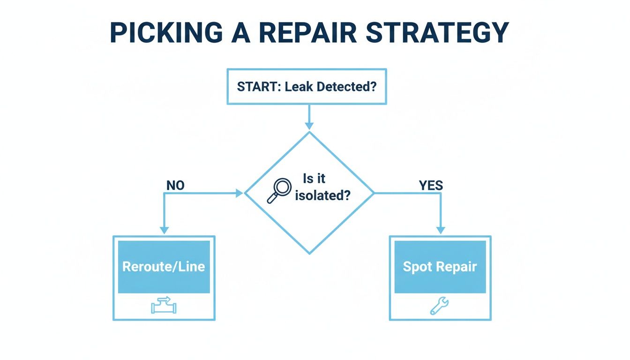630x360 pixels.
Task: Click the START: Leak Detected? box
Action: pyautogui.click(x=307, y=87)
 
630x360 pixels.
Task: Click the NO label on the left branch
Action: pyautogui.click(x=175, y=186)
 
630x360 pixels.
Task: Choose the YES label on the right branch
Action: pyautogui.click(x=430, y=186)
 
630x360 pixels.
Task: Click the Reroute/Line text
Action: pyautogui.click(x=164, y=267)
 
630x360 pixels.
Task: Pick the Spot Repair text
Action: pyautogui.click(x=440, y=267)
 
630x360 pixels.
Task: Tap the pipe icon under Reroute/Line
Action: pyautogui.click(x=164, y=306)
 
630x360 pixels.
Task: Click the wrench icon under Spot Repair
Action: pyautogui.click(x=440, y=306)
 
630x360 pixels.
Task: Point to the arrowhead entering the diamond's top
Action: pyautogui.click(x=309, y=126)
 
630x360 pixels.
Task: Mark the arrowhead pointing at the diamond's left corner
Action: pyautogui.click(x=239, y=193)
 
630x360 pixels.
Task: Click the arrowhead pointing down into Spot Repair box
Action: pyautogui.click(x=440, y=230)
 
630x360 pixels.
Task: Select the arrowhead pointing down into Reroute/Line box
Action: pyautogui.click(x=164, y=230)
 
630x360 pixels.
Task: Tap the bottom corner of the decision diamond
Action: pyautogui.click(x=309, y=253)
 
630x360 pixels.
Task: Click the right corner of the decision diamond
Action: pyautogui.click(x=374, y=193)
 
